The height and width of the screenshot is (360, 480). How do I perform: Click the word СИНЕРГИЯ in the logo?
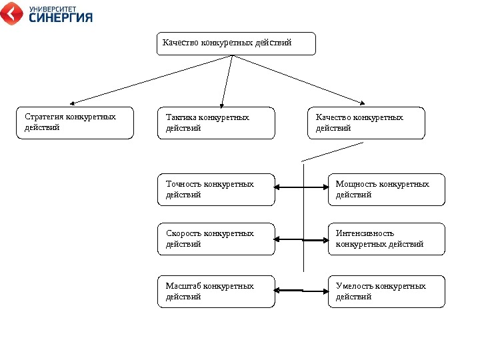click(x=61, y=18)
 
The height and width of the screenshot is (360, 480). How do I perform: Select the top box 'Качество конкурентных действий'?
click(x=235, y=43)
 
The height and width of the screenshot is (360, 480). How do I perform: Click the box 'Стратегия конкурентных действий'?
click(x=75, y=123)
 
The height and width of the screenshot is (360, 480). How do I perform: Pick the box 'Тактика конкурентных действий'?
click(x=216, y=123)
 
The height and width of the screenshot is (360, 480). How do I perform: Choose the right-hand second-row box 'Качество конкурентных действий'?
click(x=366, y=123)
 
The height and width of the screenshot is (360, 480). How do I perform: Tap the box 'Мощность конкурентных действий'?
click(x=386, y=189)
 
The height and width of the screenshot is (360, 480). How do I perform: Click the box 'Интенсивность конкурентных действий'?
click(x=386, y=239)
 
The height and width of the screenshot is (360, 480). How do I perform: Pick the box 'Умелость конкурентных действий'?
click(x=386, y=291)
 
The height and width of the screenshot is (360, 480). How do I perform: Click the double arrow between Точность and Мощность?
click(x=301, y=189)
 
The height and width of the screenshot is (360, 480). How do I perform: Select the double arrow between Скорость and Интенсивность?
click(x=301, y=239)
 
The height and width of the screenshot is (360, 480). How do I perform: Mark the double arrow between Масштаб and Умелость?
click(x=301, y=291)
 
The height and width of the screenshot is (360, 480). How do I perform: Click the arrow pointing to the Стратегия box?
click(x=149, y=79)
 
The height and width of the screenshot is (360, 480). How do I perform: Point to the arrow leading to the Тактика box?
click(x=226, y=80)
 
